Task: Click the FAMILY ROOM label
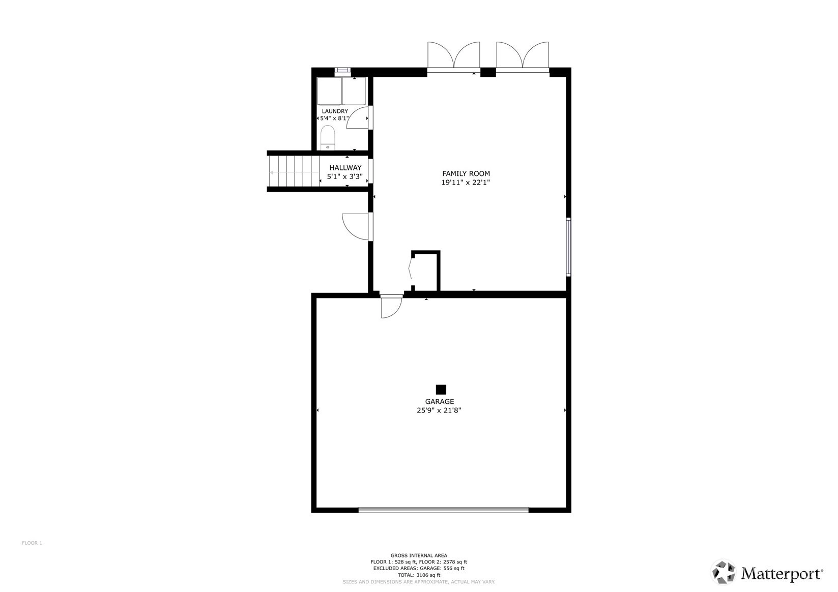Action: pos(466,173)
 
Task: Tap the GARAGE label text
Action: pos(440,401)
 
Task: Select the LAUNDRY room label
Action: pos(335,111)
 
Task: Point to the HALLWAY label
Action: pos(345,167)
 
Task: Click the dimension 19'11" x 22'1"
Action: pos(466,183)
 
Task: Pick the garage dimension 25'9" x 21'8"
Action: pos(439,410)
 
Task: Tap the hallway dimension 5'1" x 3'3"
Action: pos(345,176)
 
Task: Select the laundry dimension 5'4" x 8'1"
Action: pos(334,119)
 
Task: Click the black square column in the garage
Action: pos(441,390)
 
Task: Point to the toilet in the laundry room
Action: pos(328,138)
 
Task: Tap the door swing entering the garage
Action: pos(391,307)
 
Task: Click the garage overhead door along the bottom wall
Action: pos(443,509)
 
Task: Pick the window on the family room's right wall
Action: pos(569,247)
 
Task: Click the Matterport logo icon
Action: pos(724,572)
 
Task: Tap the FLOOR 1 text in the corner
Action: pos(32,543)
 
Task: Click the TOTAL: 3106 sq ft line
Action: pos(419,575)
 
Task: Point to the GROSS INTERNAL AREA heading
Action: pos(419,556)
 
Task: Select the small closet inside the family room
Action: pos(425,271)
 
